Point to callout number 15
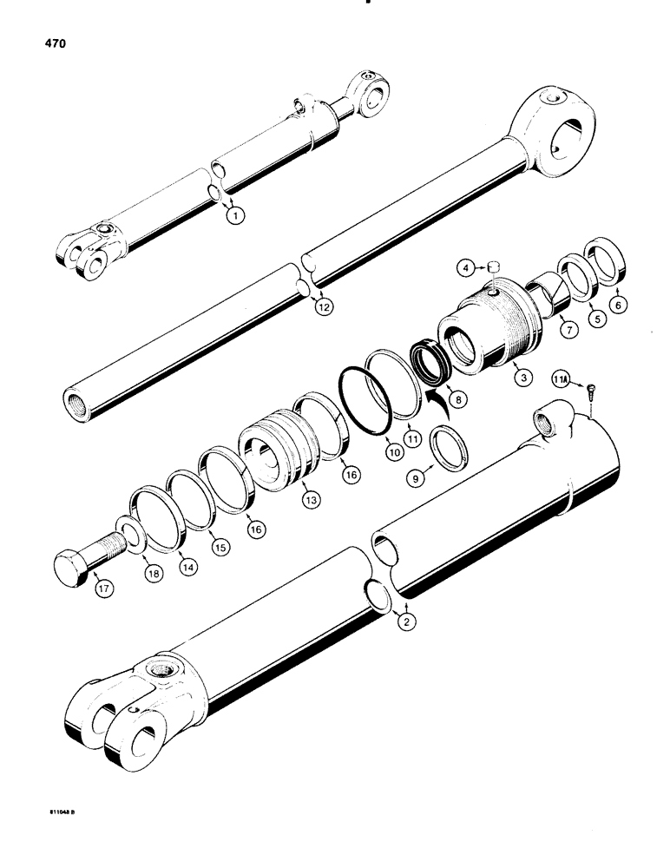click(220, 548)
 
